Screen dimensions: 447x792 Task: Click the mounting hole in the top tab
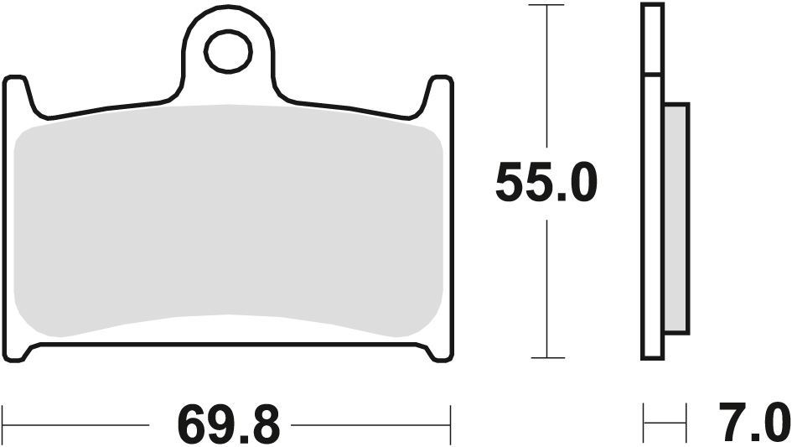click(x=227, y=52)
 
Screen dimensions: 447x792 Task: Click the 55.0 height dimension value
click(x=546, y=184)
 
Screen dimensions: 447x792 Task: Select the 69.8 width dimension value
click(x=228, y=424)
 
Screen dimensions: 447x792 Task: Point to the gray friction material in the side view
click(x=676, y=217)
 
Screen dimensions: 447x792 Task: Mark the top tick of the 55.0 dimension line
click(x=547, y=6)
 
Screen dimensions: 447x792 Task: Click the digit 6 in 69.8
click(x=192, y=424)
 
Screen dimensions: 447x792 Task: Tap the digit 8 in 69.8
click(x=264, y=424)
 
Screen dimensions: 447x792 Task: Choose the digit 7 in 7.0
click(x=732, y=424)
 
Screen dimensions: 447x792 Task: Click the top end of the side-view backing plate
click(x=652, y=7)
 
